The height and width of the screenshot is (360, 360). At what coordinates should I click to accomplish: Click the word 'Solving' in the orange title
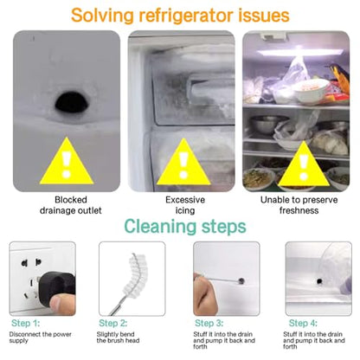tap(102, 16)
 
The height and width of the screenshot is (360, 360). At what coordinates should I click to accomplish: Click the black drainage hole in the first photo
tap(72, 102)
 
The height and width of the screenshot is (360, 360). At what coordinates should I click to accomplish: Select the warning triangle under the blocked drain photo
tap(67, 162)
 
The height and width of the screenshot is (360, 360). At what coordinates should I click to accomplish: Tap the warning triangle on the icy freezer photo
tap(183, 163)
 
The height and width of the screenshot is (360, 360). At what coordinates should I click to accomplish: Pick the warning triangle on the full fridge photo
tap(304, 164)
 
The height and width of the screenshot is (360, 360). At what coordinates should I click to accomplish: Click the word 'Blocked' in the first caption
tap(71, 200)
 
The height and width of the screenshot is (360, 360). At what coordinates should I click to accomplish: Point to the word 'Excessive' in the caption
tap(185, 200)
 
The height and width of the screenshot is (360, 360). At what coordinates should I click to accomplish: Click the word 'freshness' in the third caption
tap(299, 210)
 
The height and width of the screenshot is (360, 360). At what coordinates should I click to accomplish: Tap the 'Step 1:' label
tap(26, 323)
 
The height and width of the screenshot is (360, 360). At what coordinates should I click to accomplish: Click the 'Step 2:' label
tap(113, 323)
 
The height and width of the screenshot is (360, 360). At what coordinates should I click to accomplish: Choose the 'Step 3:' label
tap(209, 323)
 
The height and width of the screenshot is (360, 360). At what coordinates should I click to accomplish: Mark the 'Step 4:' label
tap(303, 323)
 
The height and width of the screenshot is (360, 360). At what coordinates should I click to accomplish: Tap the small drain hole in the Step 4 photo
tap(319, 281)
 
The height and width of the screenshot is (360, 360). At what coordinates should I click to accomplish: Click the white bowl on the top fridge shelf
tap(312, 91)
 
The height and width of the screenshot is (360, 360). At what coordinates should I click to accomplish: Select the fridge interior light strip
tap(300, 53)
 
